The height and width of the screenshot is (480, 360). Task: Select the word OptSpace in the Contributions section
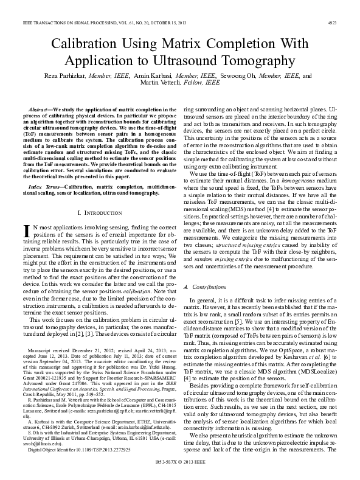288,343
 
